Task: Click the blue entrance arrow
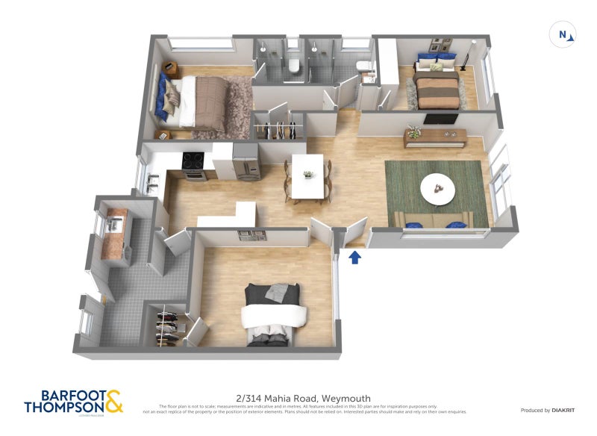pos(356,258)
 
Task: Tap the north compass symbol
pos(563,34)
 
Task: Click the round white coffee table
pos(438,190)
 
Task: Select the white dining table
pos(307,176)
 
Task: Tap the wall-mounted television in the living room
pos(440,119)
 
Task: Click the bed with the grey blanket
pos(274,314)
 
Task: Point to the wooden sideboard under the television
pos(435,137)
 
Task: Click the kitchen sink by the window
pos(151,180)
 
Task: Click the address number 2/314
pos(248,398)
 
